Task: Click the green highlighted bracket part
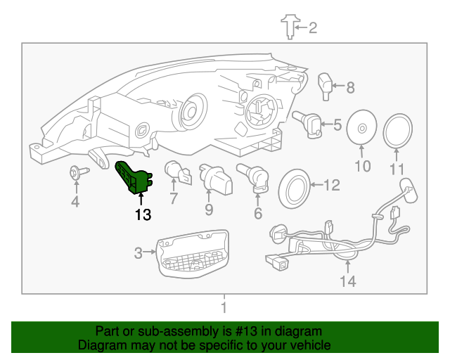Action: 132,176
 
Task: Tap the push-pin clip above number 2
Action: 288,26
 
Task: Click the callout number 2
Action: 313,28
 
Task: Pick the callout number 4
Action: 75,203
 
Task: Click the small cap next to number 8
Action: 326,84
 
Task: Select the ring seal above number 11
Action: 399,132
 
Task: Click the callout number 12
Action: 331,186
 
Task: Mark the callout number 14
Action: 348,282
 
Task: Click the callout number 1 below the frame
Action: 224,307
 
